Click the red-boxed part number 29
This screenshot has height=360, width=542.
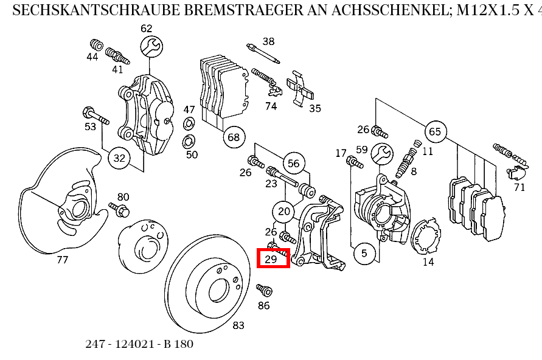click(272, 258)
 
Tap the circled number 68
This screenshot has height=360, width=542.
click(234, 137)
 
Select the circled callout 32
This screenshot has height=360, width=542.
click(119, 159)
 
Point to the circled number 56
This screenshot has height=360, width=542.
click(294, 163)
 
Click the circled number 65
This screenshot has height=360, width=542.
click(434, 132)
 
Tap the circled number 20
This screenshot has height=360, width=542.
click(284, 211)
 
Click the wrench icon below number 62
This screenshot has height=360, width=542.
click(151, 46)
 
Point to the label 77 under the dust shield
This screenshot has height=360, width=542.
click(62, 260)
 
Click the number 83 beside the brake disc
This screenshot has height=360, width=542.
click(238, 325)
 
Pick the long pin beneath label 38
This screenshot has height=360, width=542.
click(263, 54)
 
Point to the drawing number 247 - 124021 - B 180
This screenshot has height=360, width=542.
click(139, 344)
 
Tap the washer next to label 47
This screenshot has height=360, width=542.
click(189, 125)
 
